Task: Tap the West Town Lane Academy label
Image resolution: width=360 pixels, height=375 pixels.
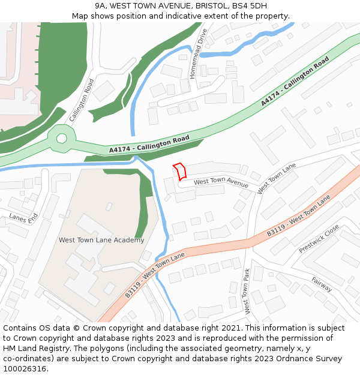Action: [x=101, y=240]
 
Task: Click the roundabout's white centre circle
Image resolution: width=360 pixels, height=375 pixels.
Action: [x=61, y=139]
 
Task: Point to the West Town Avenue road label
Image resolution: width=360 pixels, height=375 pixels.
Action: [x=221, y=181]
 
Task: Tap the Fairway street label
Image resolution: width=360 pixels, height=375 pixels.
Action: [x=322, y=284]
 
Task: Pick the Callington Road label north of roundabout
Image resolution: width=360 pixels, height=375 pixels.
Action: [x=82, y=100]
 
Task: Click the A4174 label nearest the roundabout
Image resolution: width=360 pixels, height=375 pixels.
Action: [x=149, y=144]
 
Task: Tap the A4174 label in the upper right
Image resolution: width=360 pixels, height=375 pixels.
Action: [x=295, y=82]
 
